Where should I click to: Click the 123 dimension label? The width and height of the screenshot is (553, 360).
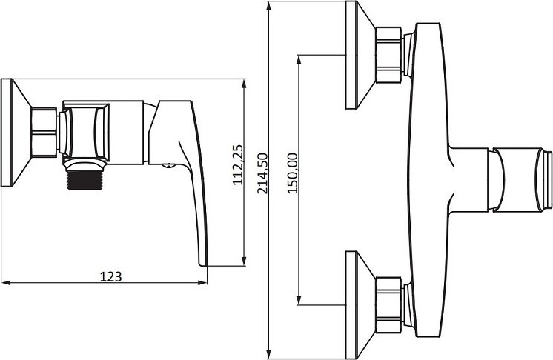click(110, 276)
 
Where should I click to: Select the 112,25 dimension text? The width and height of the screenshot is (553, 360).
click(238, 164)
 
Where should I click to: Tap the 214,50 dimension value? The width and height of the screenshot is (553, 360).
click(262, 173)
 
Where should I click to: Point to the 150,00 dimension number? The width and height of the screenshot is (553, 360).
click(292, 173)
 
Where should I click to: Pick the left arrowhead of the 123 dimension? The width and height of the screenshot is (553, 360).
click(7, 282)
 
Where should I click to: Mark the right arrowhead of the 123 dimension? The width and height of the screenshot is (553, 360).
click(202, 282)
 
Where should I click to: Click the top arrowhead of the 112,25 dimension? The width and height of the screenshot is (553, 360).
click(244, 84)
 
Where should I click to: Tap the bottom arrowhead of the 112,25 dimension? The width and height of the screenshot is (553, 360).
click(244, 261)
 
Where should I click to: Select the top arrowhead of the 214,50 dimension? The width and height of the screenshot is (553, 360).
click(269, 7)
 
